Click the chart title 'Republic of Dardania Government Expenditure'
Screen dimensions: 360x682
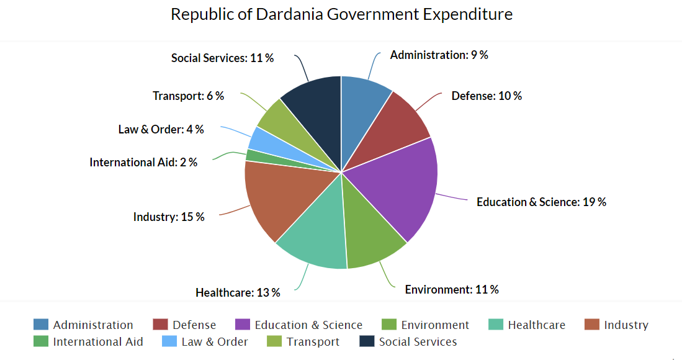tap(341, 14)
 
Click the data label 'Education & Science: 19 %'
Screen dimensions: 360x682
tap(541, 202)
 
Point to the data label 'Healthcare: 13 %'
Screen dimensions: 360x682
tap(238, 292)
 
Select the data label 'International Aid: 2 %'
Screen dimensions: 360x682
tap(143, 163)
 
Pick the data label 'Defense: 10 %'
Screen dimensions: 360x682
tap(487, 96)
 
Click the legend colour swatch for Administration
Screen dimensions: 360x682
tap(41, 325)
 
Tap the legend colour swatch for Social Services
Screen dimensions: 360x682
tap(367, 341)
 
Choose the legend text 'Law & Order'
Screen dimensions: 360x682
tap(215, 342)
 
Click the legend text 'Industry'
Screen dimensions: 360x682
tap(626, 325)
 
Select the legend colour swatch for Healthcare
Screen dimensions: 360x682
tap(496, 325)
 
